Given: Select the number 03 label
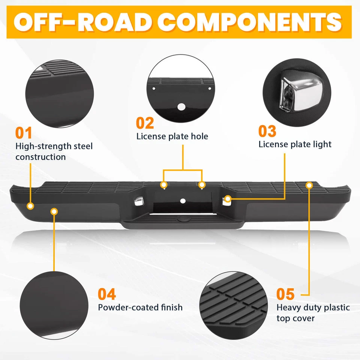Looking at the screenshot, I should pos(267,131).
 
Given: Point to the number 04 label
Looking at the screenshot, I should pos(107,294).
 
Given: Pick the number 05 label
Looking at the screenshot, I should pos(285,294).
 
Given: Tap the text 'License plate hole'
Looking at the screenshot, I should pos(172,136).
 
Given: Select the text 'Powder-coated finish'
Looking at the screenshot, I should pos(140,307).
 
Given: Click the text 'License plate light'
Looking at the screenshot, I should pos(295,144).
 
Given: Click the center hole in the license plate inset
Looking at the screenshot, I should pos(181,106).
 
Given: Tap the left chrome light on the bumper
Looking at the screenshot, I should pos(138,201).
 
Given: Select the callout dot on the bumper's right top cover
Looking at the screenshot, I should pos(309,185).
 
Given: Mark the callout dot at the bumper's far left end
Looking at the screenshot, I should pos(30,206).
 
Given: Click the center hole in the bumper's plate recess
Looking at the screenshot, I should pos(183,201).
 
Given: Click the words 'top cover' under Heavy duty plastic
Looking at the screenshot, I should pos(295,318).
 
